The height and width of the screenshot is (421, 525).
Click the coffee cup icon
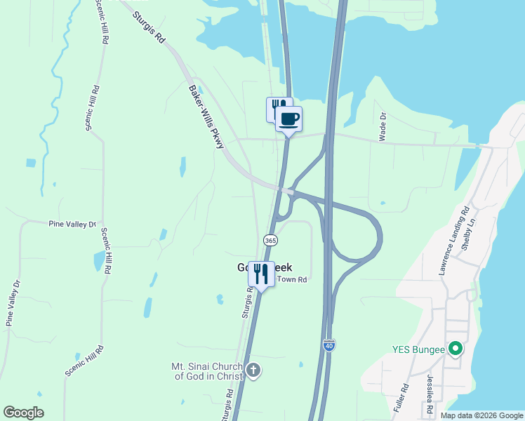tap(289, 119)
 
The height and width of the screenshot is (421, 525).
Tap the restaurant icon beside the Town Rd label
tap(261, 273)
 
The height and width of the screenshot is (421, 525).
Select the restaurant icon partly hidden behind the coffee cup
tap(275, 107)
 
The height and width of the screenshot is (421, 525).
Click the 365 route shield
tap(270, 240)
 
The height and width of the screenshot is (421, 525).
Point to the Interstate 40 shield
tap(329, 345)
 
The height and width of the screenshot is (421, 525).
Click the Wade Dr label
tap(383, 127)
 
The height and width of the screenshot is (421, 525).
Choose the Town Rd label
tap(293, 279)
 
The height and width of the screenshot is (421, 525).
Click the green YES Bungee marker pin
tap(456, 348)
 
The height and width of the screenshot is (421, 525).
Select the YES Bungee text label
tap(419, 349)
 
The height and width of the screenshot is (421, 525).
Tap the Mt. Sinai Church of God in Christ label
tap(207, 371)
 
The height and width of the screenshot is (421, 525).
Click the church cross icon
tap(253, 370)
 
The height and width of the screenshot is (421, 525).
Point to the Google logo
tap(23, 413)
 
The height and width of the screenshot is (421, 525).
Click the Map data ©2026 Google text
tap(481, 415)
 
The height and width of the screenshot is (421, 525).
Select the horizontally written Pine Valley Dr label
tap(72, 224)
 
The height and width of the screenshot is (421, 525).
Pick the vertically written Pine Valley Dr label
tap(12, 302)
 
